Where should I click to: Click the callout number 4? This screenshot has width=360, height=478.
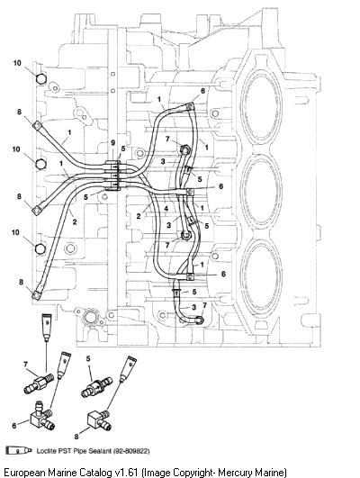166,209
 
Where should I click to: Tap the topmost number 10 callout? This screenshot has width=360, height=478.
17,63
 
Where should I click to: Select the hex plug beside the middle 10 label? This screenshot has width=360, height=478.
40,165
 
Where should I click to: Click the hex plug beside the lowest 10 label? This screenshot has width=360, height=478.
40,248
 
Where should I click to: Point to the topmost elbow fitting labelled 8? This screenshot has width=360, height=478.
37,125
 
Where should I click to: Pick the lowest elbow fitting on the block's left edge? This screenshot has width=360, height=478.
36,294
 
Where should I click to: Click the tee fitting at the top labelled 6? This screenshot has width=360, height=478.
189,107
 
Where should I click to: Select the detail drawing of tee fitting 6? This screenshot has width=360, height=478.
41,417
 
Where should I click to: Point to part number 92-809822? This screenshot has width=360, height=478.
131,451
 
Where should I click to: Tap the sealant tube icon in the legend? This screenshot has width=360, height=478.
18,451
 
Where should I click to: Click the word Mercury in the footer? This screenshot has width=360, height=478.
235,473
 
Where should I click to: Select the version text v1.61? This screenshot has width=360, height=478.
128,472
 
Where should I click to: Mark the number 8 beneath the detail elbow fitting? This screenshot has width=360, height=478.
76,437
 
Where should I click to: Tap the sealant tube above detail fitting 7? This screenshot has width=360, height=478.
46,327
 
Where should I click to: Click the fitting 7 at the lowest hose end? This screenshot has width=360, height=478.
200,320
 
